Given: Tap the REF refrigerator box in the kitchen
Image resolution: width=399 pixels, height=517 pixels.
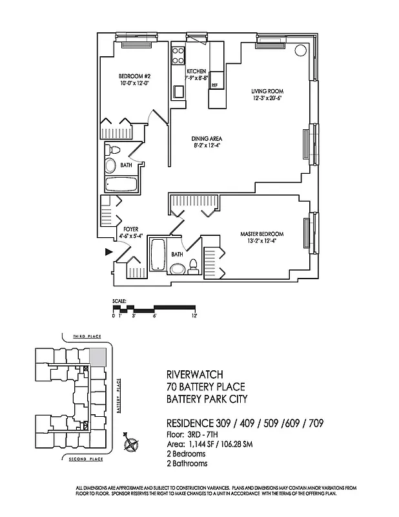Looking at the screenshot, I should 214,85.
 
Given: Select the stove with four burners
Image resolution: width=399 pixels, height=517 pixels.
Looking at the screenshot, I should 178,55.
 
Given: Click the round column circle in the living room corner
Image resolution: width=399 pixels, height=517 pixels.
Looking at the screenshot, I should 300,50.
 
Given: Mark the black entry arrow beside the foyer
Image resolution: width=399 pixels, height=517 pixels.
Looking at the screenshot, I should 108,253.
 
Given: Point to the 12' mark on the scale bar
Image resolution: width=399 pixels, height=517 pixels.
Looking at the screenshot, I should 194,315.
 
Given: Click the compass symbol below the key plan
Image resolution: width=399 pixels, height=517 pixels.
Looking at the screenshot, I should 132,444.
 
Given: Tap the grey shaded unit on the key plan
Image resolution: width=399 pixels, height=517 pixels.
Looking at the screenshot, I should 97,357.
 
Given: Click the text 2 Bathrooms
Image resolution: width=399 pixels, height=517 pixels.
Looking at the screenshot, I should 187,463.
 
